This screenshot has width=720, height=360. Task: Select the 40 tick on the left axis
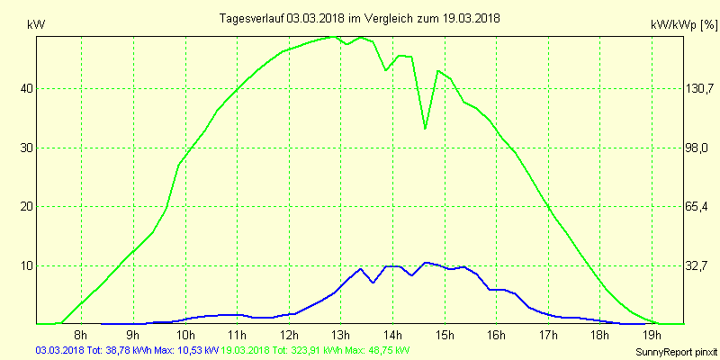pyautogui.click(x=27, y=88)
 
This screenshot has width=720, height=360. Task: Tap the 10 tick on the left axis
pyautogui.click(x=27, y=265)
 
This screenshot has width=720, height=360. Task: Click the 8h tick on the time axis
pyautogui.click(x=80, y=336)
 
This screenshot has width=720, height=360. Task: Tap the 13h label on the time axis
pyautogui.click(x=340, y=336)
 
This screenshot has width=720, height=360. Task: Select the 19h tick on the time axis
pyautogui.click(x=653, y=336)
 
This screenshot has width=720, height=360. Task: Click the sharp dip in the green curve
pyautogui.click(x=425, y=129)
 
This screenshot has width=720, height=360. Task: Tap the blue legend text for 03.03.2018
pyautogui.click(x=126, y=350)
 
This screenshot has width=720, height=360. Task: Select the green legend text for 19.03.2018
pyautogui.click(x=315, y=350)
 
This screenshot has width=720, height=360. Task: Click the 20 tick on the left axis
pyautogui.click(x=27, y=206)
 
